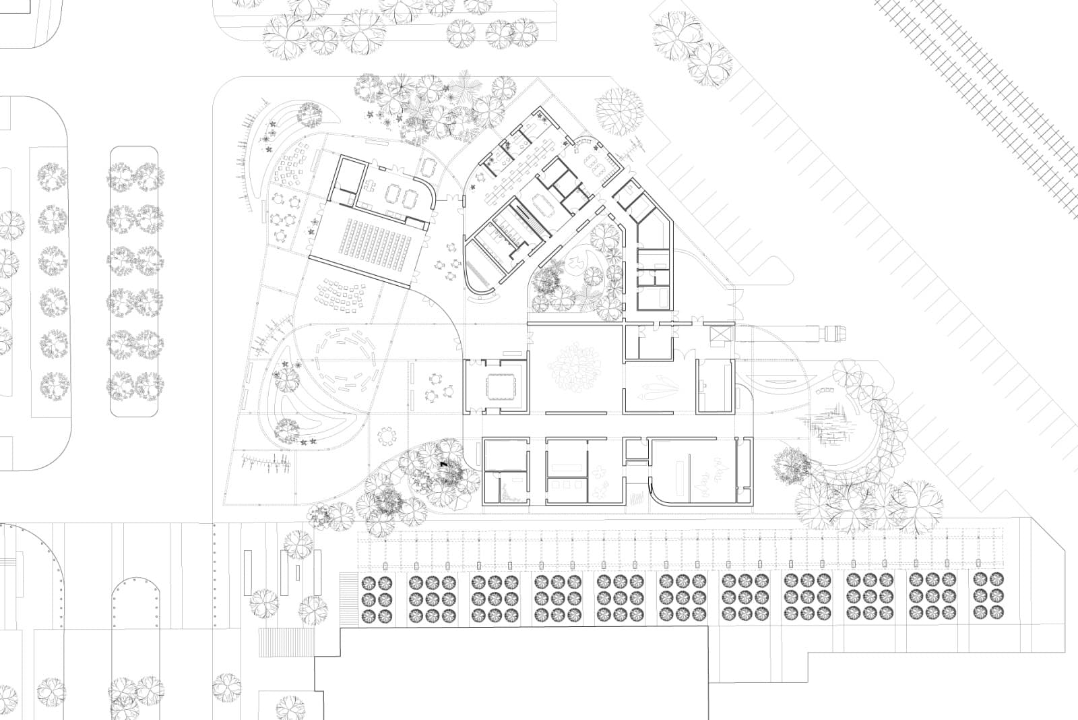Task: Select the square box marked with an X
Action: click(x=720, y=334)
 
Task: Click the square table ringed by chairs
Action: click(x=499, y=388)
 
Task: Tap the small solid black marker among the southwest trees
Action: click(x=443, y=464)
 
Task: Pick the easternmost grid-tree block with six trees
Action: click(x=988, y=597)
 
